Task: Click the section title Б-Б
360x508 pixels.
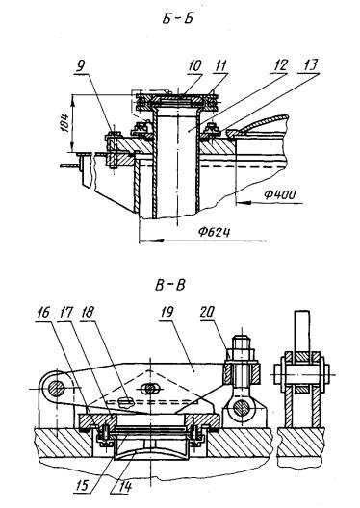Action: [177, 18]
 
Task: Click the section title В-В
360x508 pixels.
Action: [170, 286]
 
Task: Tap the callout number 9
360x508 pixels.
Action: [81, 66]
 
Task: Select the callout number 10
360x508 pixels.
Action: [194, 65]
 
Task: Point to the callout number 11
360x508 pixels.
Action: [220, 65]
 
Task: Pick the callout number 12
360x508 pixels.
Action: [280, 65]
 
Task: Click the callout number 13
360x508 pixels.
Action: [310, 65]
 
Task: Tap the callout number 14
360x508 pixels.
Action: [125, 486]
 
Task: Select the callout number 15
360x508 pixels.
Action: [83, 486]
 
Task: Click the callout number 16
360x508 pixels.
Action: [42, 313]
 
